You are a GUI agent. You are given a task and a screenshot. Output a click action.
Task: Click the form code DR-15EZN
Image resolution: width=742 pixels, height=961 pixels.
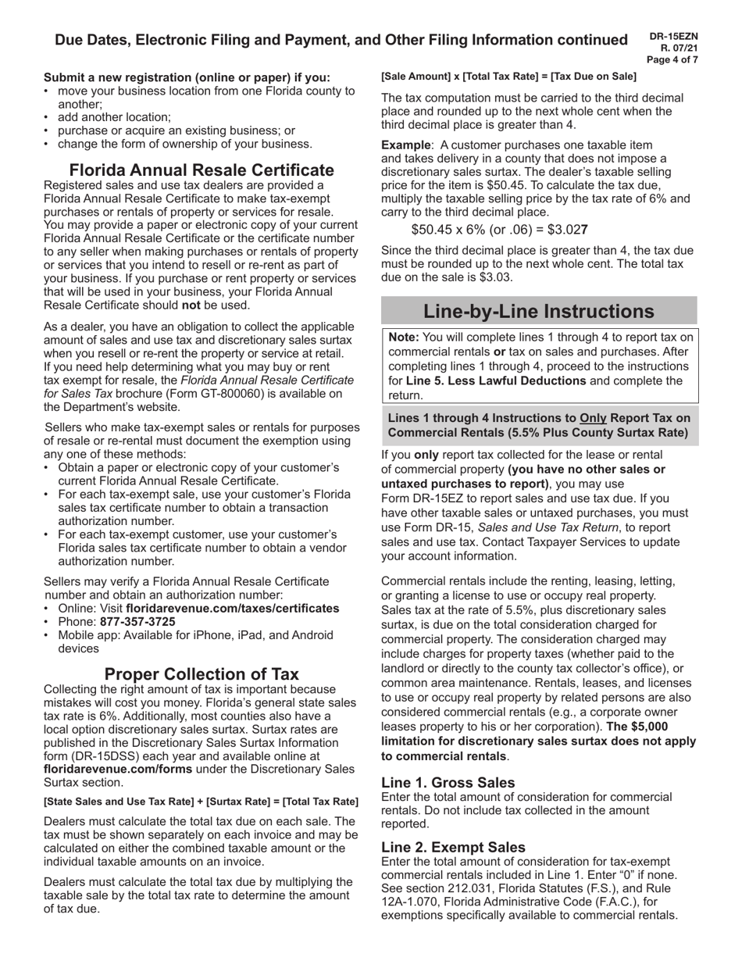coord(673,36)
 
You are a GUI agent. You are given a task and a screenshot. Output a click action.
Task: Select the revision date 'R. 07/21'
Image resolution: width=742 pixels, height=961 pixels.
coord(679,48)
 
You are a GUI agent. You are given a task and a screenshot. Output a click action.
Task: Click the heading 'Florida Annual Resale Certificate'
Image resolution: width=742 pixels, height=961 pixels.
coord(202,170)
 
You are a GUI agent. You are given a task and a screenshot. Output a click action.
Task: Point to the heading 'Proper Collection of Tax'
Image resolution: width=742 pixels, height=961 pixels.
coord(202,673)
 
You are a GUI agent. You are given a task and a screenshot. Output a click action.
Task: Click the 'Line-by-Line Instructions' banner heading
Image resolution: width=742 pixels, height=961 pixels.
coord(538,311)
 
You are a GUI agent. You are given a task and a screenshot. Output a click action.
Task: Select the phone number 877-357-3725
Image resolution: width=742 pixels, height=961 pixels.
coord(137,622)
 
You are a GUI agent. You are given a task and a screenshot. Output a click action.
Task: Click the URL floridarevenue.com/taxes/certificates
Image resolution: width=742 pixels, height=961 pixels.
coord(232,608)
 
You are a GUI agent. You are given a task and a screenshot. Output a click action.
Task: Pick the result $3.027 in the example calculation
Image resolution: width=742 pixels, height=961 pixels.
coord(569,230)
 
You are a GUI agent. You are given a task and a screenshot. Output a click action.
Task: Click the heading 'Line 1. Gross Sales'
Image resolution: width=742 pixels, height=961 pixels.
coord(448,782)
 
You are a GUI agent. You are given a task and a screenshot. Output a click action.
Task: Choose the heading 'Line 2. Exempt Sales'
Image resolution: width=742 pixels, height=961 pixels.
coord(453,847)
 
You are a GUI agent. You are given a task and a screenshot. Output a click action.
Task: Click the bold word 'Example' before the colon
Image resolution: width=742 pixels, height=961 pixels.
coord(405,145)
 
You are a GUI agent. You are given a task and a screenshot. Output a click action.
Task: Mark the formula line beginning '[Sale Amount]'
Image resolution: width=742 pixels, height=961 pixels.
coord(508,77)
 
